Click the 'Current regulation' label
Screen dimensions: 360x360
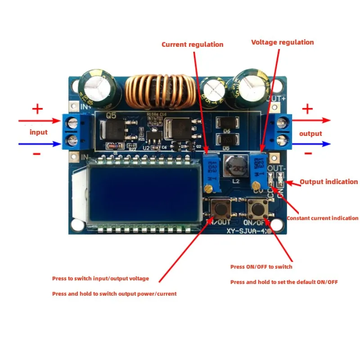tap(192, 45)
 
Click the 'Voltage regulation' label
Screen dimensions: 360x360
tap(282, 42)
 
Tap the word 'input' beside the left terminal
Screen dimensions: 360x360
tap(38, 132)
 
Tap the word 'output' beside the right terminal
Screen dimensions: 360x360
tap(310, 133)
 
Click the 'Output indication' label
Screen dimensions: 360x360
tap(329, 182)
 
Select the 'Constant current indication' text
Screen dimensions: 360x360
tap(323, 218)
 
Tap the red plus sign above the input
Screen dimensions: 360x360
tap(37, 109)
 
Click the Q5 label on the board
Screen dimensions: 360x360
tap(111, 116)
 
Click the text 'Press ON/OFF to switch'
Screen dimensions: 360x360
tap(261, 267)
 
